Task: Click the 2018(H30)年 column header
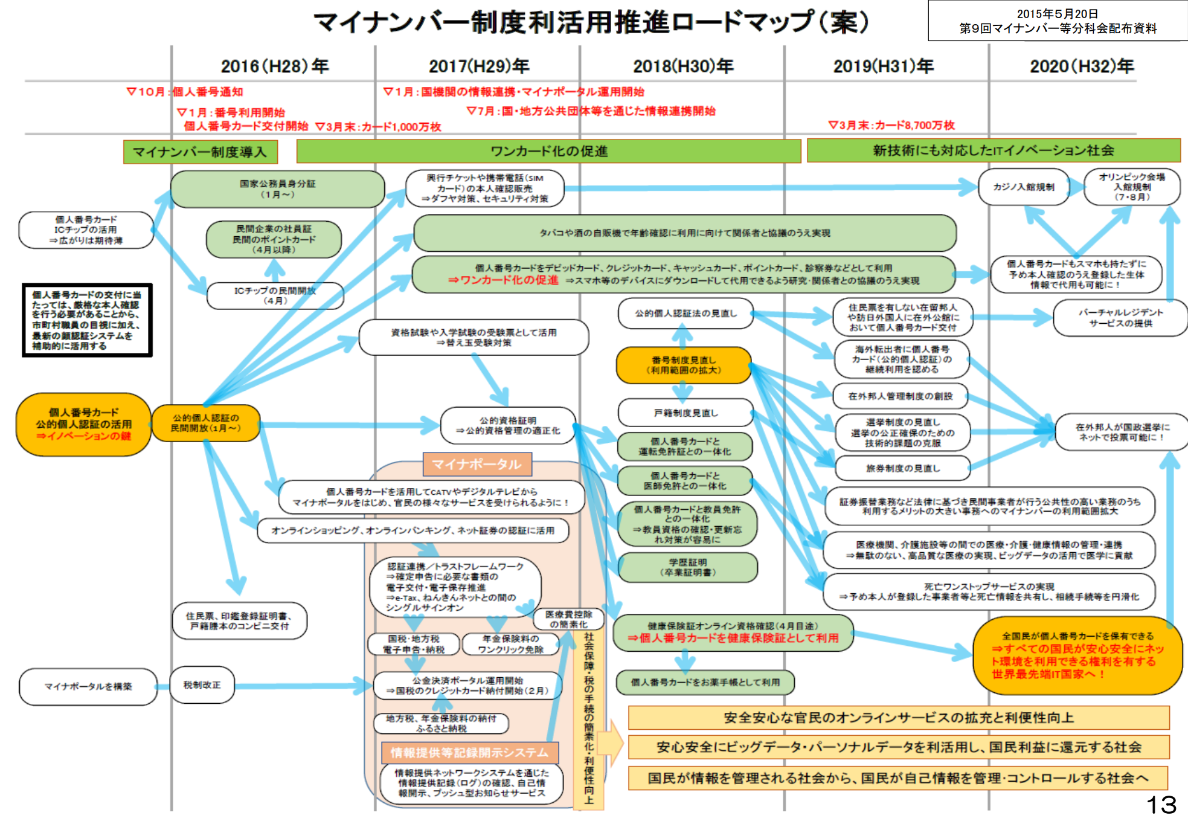click(x=683, y=66)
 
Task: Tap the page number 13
click(x=1161, y=805)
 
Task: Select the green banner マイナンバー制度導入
click(x=201, y=152)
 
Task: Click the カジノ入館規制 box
click(x=1024, y=187)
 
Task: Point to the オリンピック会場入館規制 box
click(x=1132, y=187)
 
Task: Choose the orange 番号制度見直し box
click(x=683, y=365)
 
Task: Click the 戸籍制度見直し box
click(x=686, y=413)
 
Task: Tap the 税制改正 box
click(x=202, y=685)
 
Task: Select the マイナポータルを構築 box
click(x=88, y=686)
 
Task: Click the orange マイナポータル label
click(x=477, y=464)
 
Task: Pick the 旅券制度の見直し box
click(x=902, y=468)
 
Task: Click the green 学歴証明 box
click(x=687, y=567)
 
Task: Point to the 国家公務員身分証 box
click(x=277, y=188)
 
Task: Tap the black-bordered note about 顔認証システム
click(x=87, y=320)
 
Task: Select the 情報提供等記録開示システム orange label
click(x=469, y=753)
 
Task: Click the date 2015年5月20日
click(x=1057, y=14)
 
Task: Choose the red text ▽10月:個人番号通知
click(x=185, y=92)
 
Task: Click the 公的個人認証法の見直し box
click(x=686, y=314)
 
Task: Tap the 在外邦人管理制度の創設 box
click(x=900, y=396)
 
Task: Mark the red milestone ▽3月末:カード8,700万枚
click(x=891, y=125)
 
